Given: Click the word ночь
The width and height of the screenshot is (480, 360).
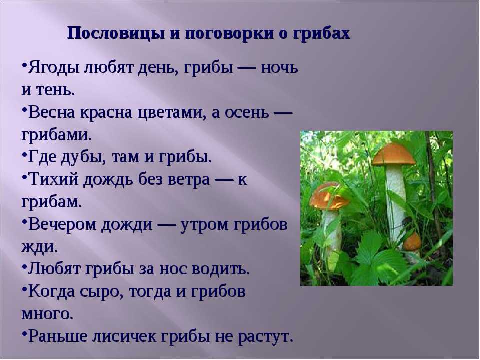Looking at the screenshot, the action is point(279,67).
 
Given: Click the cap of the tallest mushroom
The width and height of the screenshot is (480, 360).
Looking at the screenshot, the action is point(393,154).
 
